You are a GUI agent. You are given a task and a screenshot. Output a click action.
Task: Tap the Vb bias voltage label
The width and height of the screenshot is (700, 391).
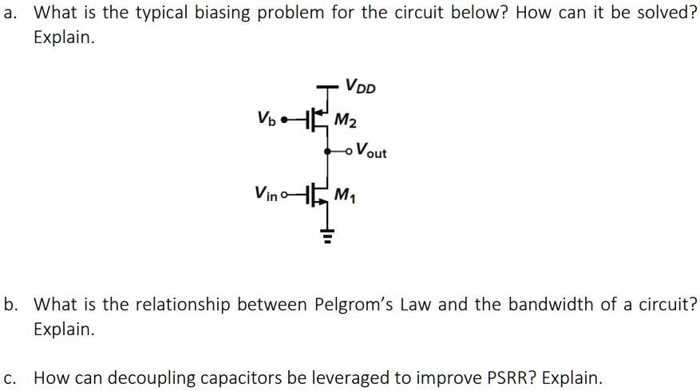click(267, 121)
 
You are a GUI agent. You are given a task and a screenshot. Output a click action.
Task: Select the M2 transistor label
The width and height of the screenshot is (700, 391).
click(346, 121)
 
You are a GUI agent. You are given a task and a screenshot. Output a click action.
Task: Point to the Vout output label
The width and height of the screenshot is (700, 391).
click(371, 149)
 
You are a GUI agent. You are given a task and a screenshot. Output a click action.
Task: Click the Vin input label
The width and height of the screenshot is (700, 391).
click(267, 192)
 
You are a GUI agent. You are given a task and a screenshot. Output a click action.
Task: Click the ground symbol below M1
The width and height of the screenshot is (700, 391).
click(326, 234)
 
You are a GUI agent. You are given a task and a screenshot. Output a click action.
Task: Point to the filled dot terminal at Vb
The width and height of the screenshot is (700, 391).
click(285, 121)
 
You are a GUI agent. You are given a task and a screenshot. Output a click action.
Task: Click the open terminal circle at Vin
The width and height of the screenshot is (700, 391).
click(287, 193)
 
